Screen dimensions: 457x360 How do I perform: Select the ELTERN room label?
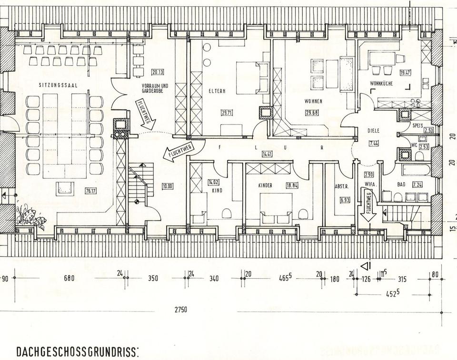click(217, 90)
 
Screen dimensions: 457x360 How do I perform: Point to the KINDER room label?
click(266, 185)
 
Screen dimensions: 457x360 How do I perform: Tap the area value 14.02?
click(212, 182)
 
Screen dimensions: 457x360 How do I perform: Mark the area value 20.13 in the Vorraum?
click(158, 72)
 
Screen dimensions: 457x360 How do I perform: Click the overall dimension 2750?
click(180, 310)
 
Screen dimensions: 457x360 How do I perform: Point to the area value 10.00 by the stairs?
click(168, 186)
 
